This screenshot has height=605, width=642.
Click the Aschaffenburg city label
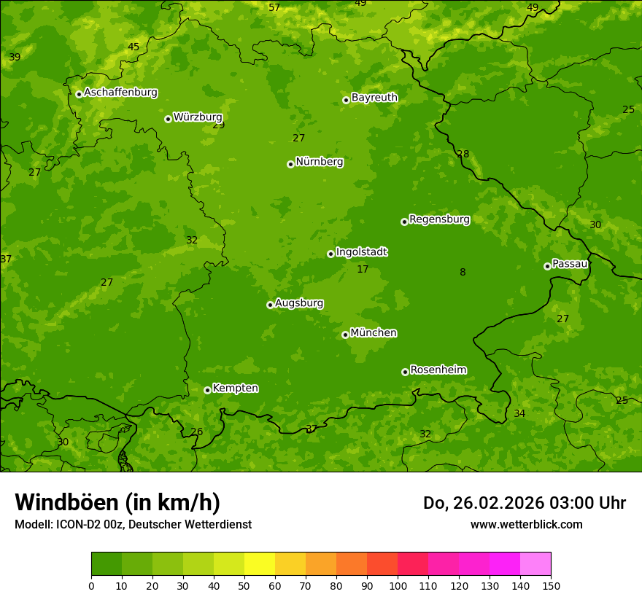coord(120,93)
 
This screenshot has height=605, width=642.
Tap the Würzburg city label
coord(198,117)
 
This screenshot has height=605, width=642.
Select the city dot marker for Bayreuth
coord(346,100)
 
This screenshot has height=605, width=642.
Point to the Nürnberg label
coord(320,162)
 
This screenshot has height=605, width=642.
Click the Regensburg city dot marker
coord(404,222)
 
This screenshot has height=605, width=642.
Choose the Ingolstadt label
coord(361,252)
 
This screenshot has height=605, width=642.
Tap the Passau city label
coord(570,264)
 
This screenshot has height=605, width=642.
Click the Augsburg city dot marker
coord(270,305)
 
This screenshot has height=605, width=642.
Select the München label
coord(374,333)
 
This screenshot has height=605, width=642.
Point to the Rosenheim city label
coord(438,370)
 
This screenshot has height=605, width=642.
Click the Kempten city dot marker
coord(207,390)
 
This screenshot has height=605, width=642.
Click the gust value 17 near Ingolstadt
coord(363,270)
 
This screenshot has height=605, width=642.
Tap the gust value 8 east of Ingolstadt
coord(463,273)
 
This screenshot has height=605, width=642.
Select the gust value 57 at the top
coord(274,8)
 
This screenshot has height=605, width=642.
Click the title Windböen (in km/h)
coord(117,502)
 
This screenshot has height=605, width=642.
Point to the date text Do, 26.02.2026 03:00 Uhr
coord(524,503)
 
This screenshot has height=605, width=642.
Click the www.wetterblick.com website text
coord(526,525)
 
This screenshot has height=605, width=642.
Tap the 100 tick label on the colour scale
coord(398,585)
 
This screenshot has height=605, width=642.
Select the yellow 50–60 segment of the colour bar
coord(260,564)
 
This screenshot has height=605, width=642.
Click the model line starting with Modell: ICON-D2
coord(133,525)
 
